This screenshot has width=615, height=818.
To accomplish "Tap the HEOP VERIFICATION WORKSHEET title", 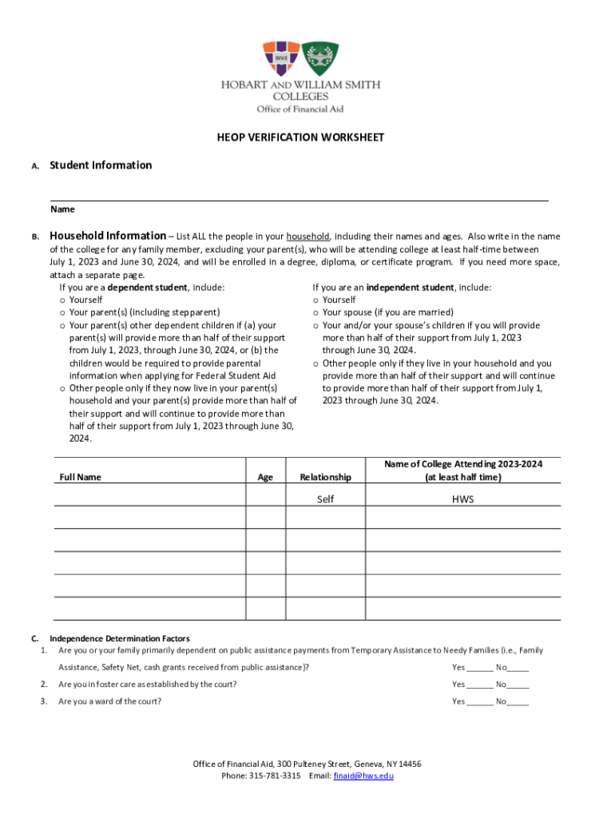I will click(x=300, y=137).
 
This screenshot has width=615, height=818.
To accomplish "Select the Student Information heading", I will click(x=101, y=165).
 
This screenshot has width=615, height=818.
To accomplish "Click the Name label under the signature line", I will click(x=63, y=209).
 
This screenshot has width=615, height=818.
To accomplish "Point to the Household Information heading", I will click(x=108, y=236).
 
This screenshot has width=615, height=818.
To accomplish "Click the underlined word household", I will click(x=307, y=236).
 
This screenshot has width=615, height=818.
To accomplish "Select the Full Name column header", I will click(x=81, y=477).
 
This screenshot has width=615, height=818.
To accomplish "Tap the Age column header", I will click(x=265, y=477).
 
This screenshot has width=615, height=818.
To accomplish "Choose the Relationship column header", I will click(x=325, y=477).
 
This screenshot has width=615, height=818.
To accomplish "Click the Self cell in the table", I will click(x=325, y=499).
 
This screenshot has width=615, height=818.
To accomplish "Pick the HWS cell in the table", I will click(x=462, y=499).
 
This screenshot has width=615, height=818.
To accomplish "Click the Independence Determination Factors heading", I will click(x=120, y=638).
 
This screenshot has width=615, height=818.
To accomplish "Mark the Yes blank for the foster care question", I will click(x=481, y=685).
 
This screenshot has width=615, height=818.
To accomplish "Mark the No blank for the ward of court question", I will click(x=518, y=703).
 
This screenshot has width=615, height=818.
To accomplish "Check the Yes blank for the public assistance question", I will click(x=481, y=669).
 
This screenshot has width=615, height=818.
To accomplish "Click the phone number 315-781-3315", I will click(x=274, y=776).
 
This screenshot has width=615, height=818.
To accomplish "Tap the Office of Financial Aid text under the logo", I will click(x=300, y=109).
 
